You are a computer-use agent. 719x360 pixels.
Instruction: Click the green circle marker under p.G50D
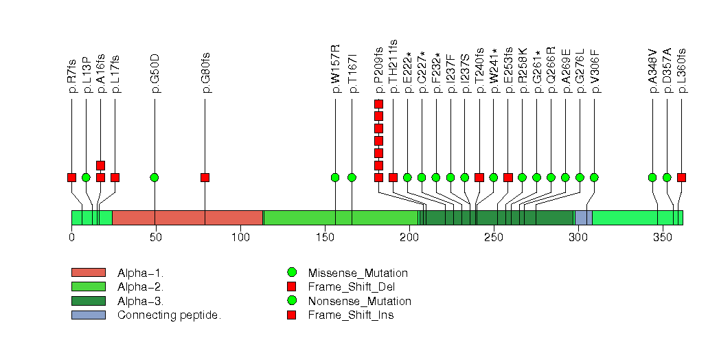(x=155, y=177)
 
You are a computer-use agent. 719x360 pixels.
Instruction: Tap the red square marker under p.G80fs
(x=205, y=177)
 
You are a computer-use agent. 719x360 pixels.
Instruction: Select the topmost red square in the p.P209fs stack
(x=378, y=104)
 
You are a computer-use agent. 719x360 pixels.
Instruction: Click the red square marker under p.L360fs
(x=681, y=177)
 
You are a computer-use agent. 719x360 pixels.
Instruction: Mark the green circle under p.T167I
(x=352, y=177)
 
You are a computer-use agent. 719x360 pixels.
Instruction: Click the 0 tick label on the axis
(x=71, y=237)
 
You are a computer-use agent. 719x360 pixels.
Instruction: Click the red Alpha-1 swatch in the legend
(x=88, y=273)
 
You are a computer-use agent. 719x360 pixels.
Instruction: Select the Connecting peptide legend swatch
(x=88, y=315)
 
